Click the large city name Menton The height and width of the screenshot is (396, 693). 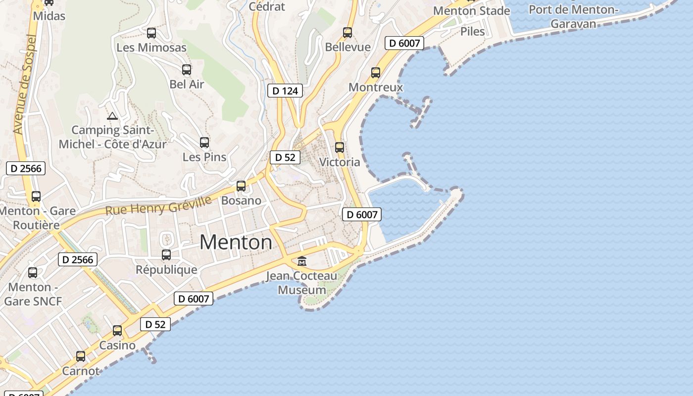[236, 243]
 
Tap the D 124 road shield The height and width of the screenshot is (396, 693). [285, 91]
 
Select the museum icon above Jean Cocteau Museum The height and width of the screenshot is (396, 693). [301, 261]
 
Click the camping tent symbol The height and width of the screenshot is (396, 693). [112, 116]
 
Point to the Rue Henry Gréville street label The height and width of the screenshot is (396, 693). [158, 205]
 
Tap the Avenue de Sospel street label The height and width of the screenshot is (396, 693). [24, 84]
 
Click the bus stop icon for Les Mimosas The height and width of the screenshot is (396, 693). [151, 33]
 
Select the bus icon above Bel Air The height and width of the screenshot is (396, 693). [187, 70]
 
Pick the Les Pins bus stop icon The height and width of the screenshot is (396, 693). [204, 143]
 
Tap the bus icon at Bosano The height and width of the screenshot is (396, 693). [241, 186]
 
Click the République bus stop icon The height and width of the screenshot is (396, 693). [166, 255]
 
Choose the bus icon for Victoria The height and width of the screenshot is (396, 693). [340, 148]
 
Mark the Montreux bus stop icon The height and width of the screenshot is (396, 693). [376, 73]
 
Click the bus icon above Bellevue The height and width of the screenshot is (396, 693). [347, 33]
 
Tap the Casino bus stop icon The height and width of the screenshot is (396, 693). [117, 331]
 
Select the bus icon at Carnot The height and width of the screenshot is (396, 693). [81, 356]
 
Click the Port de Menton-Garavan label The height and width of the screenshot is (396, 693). [573, 16]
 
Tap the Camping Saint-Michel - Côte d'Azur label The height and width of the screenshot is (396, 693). [113, 137]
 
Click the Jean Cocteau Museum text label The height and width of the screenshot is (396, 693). [302, 283]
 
